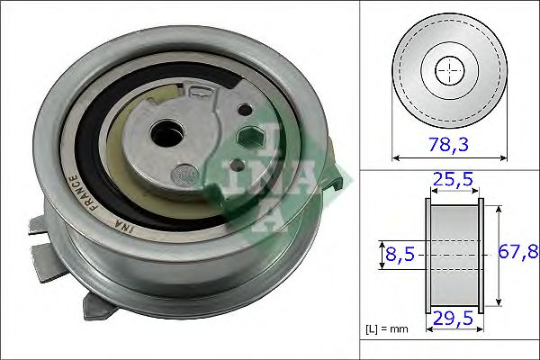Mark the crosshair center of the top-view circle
point(449,70)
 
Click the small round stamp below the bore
point(182,171)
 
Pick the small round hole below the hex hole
point(236,166)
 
